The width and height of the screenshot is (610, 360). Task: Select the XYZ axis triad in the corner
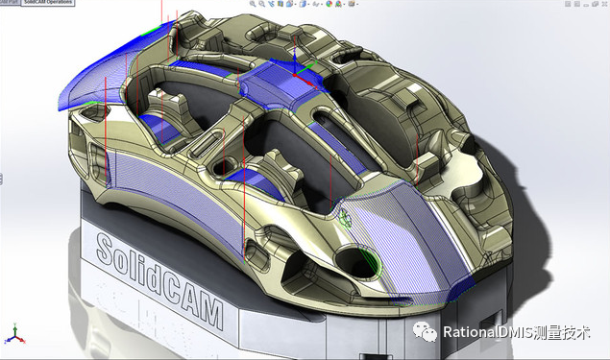[12, 335]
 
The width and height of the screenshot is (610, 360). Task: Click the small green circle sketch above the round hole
[345, 217]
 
